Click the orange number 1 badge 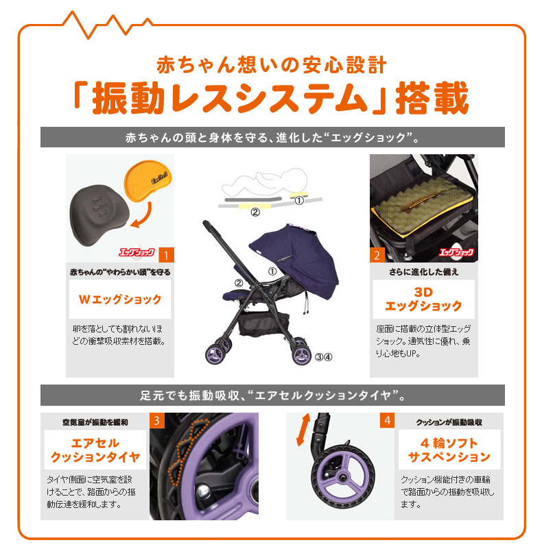[165, 256]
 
